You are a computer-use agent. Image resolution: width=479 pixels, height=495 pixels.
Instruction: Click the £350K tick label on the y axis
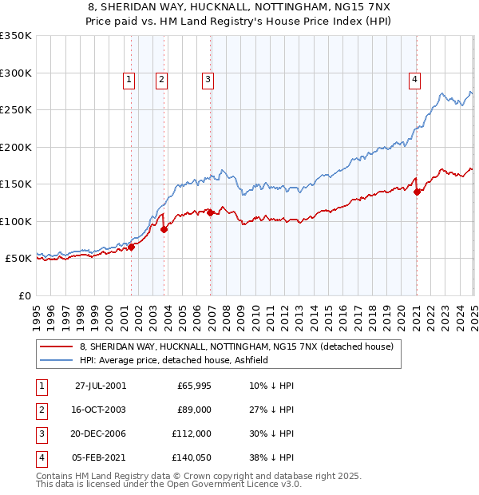click(16, 36)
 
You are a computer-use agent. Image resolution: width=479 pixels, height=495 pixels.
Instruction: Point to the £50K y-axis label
click(18, 259)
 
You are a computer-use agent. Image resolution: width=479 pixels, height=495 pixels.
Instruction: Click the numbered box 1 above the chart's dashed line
click(129, 79)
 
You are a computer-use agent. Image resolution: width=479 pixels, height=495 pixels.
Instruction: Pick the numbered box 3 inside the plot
click(208, 79)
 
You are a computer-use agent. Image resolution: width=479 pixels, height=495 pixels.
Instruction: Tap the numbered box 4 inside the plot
click(415, 79)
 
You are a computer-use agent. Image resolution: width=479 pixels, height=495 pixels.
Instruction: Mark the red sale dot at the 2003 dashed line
click(164, 229)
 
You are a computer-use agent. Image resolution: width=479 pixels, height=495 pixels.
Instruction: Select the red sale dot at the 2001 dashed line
click(132, 247)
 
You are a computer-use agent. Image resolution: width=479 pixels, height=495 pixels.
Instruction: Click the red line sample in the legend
click(56, 347)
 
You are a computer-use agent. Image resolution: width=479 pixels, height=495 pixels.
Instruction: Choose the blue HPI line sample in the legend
click(56, 361)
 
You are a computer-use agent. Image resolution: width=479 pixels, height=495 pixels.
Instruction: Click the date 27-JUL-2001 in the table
click(101, 386)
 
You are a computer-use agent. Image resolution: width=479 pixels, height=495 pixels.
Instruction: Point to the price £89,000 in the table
click(195, 410)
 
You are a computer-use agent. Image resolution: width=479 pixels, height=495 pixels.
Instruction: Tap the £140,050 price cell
click(190, 457)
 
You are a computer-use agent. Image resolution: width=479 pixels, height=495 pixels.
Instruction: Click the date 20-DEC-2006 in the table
click(100, 434)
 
